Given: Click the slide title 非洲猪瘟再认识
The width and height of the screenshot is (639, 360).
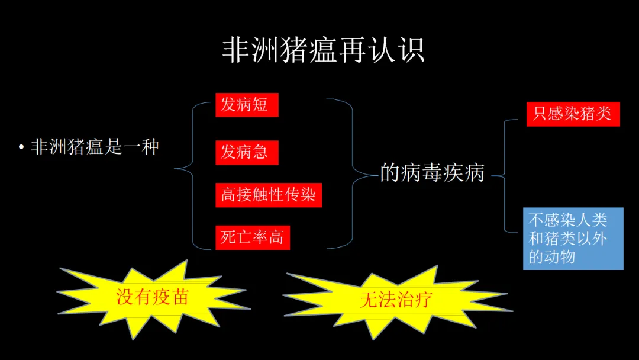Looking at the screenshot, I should (x=323, y=51).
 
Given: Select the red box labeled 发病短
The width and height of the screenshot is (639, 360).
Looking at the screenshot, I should (x=246, y=105).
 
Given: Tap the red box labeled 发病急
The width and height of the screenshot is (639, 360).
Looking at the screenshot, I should (x=246, y=152).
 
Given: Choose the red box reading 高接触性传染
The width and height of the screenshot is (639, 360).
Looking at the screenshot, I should (x=268, y=195).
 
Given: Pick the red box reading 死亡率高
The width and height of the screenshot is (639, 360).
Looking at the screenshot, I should (x=252, y=237).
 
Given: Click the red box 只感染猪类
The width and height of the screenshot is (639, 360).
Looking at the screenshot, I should (x=573, y=114).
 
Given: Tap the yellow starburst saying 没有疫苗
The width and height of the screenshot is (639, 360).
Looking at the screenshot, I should (x=152, y=296).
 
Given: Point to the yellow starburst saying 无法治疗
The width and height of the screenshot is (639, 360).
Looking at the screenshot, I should (x=396, y=300).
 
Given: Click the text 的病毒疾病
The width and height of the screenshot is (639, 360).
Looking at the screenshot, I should (x=432, y=173).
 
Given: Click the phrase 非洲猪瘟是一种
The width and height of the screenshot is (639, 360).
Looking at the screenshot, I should (x=95, y=147).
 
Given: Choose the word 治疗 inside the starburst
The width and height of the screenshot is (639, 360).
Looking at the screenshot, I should (x=414, y=300).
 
